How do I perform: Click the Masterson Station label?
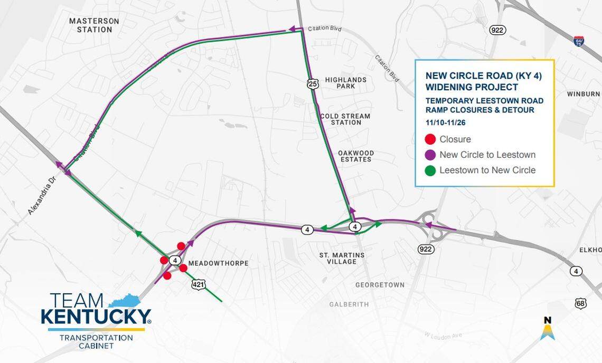point(94,25)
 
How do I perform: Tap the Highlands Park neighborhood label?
point(345,83)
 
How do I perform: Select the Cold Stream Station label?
point(345,119)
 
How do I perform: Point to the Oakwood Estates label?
point(356,156)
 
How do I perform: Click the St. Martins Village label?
point(342,259)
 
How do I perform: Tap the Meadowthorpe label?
point(218,263)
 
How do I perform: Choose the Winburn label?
point(583,94)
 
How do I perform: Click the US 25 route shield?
point(313,83)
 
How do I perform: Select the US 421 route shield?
point(198,285)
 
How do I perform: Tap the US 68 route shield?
point(580,304)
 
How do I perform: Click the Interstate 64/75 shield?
point(579,41)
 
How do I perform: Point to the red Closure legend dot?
point(430,139)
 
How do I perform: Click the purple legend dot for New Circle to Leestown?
point(430,155)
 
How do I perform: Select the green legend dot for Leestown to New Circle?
point(430,170)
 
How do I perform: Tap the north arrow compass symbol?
point(548,328)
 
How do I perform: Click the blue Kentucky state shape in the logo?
point(126,301)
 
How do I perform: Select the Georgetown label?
point(380,285)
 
